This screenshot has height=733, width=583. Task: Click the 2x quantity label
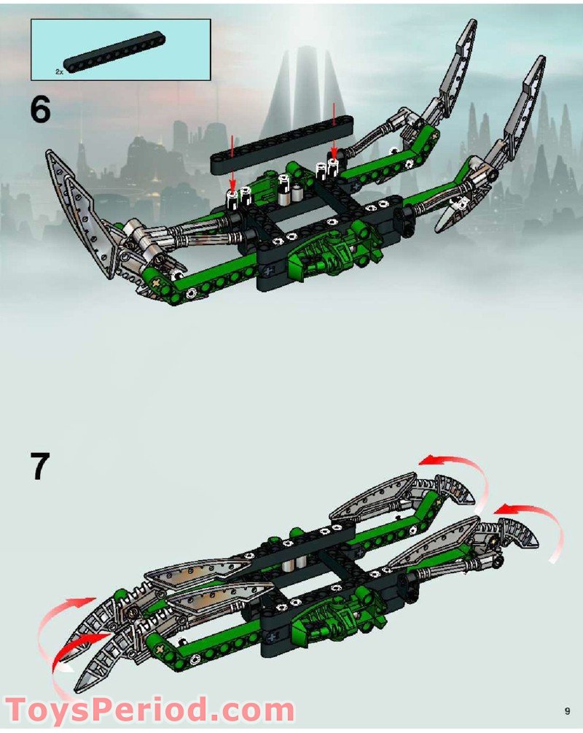click(59, 72)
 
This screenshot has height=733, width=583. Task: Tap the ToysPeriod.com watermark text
click(150, 709)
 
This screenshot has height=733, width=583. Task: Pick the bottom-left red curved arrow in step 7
click(73, 649)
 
